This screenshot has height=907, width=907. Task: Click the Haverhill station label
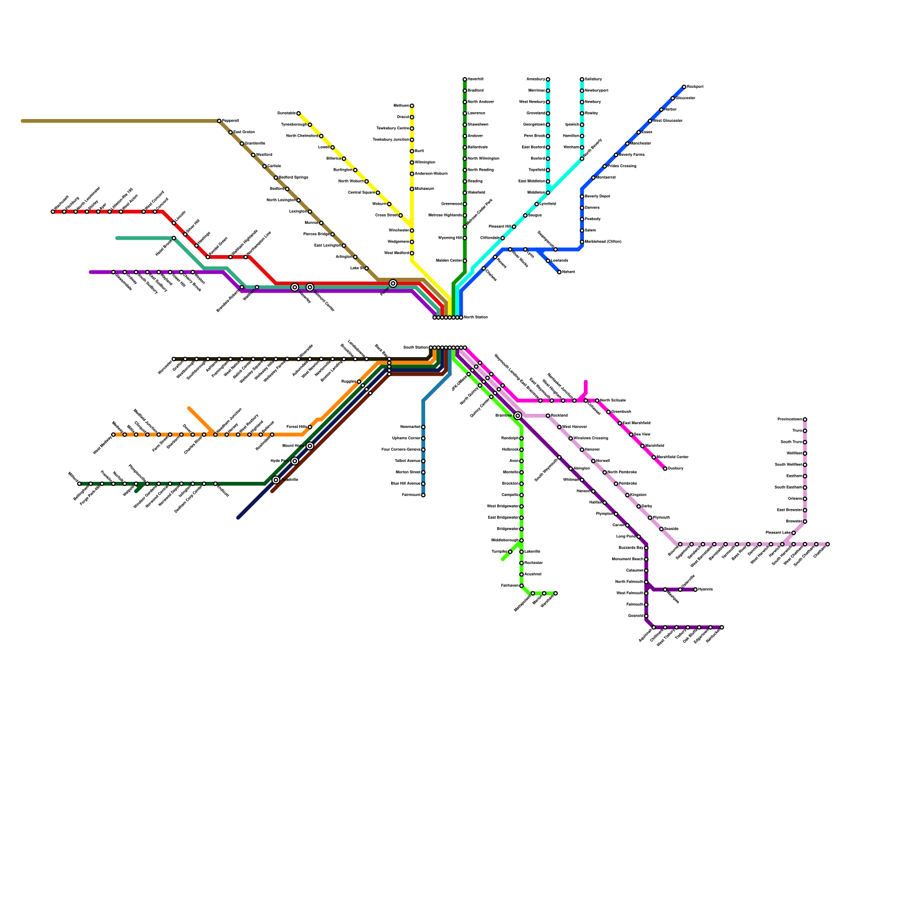(x=476, y=79)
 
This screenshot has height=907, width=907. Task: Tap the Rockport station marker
(x=684, y=87)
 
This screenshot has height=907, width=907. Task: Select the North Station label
(x=476, y=317)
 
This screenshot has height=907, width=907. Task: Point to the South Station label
(x=416, y=347)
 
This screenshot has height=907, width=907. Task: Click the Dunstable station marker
(x=299, y=113)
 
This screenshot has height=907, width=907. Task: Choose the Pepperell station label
(x=230, y=121)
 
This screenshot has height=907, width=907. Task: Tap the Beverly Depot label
(x=597, y=196)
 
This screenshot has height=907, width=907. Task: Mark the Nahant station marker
(x=560, y=272)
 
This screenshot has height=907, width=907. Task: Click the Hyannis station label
(x=706, y=590)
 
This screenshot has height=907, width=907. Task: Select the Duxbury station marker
(x=665, y=469)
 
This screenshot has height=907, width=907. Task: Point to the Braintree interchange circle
(x=518, y=416)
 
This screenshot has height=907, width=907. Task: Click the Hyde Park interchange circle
(x=295, y=461)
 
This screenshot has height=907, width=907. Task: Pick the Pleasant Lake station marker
(x=794, y=533)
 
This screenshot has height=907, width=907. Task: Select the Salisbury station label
(x=594, y=79)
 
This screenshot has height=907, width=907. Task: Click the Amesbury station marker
(x=548, y=79)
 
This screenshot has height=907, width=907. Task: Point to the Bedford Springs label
(x=294, y=177)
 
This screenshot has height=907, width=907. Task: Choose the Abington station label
(x=582, y=468)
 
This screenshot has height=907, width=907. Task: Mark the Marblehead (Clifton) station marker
(x=582, y=242)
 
